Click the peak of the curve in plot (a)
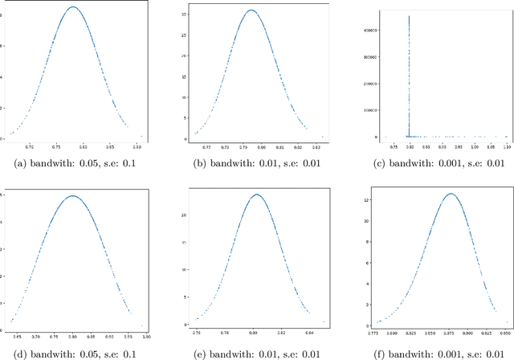point(73,7)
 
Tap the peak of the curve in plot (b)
point(251,10)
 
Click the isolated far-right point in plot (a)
point(142,137)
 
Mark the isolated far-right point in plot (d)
point(142,325)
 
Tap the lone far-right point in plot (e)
point(324,322)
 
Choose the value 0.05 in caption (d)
point(84,349)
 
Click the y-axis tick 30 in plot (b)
point(183,14)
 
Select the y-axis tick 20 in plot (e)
point(183,215)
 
